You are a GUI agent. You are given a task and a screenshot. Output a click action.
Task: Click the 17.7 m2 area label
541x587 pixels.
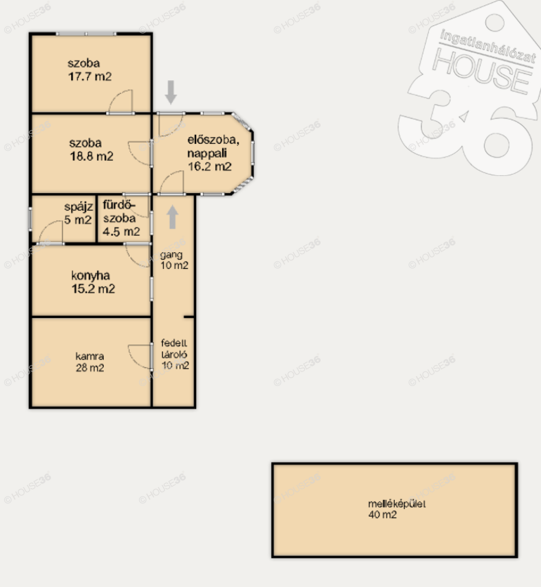click(90, 76)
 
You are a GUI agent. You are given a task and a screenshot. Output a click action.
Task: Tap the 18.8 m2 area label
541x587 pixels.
click(91, 156)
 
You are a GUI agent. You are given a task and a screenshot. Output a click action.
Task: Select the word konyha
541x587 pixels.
click(90, 276)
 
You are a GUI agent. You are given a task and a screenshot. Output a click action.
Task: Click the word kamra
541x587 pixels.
click(89, 356)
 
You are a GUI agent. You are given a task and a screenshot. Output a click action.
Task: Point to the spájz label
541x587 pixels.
click(78, 207)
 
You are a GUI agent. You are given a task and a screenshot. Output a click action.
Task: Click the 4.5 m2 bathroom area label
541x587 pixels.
click(121, 232)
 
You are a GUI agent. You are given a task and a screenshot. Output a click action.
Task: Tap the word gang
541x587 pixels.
click(171, 255)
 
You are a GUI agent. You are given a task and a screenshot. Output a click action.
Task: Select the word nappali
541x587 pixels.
click(207, 154)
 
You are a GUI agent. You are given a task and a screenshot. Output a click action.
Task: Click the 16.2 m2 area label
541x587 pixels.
click(209, 167)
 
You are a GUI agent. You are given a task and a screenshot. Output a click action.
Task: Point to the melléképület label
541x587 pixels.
click(397, 504)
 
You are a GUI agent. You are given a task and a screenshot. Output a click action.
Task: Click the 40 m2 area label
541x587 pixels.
click(383, 514)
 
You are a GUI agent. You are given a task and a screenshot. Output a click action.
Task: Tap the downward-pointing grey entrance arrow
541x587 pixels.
click(171, 92)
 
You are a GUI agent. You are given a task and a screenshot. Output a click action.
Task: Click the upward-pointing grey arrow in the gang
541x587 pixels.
click(172, 217)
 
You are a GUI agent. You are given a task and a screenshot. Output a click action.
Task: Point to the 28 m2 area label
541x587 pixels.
click(90, 368)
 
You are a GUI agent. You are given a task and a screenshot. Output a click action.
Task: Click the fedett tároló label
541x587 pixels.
click(174, 349)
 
